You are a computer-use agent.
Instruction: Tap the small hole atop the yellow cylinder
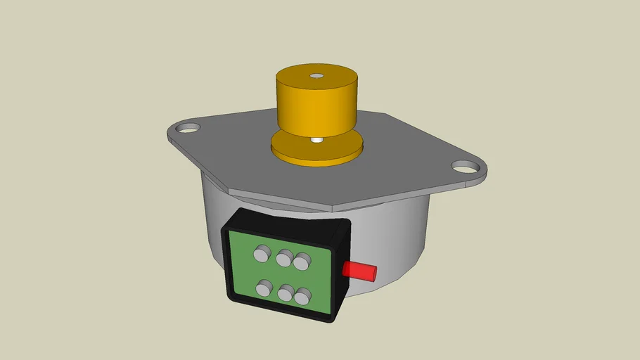click(316, 75)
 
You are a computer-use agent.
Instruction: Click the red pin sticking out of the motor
click(357, 270)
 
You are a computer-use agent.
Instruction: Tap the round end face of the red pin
click(374, 271)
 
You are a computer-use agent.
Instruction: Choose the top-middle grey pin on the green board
click(285, 259)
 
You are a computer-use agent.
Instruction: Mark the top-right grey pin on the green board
click(302, 262)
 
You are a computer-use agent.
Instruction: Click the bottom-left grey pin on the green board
click(265, 288)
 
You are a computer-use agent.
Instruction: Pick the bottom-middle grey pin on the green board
click(286, 292)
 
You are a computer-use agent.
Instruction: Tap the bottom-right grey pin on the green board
click(303, 297)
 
